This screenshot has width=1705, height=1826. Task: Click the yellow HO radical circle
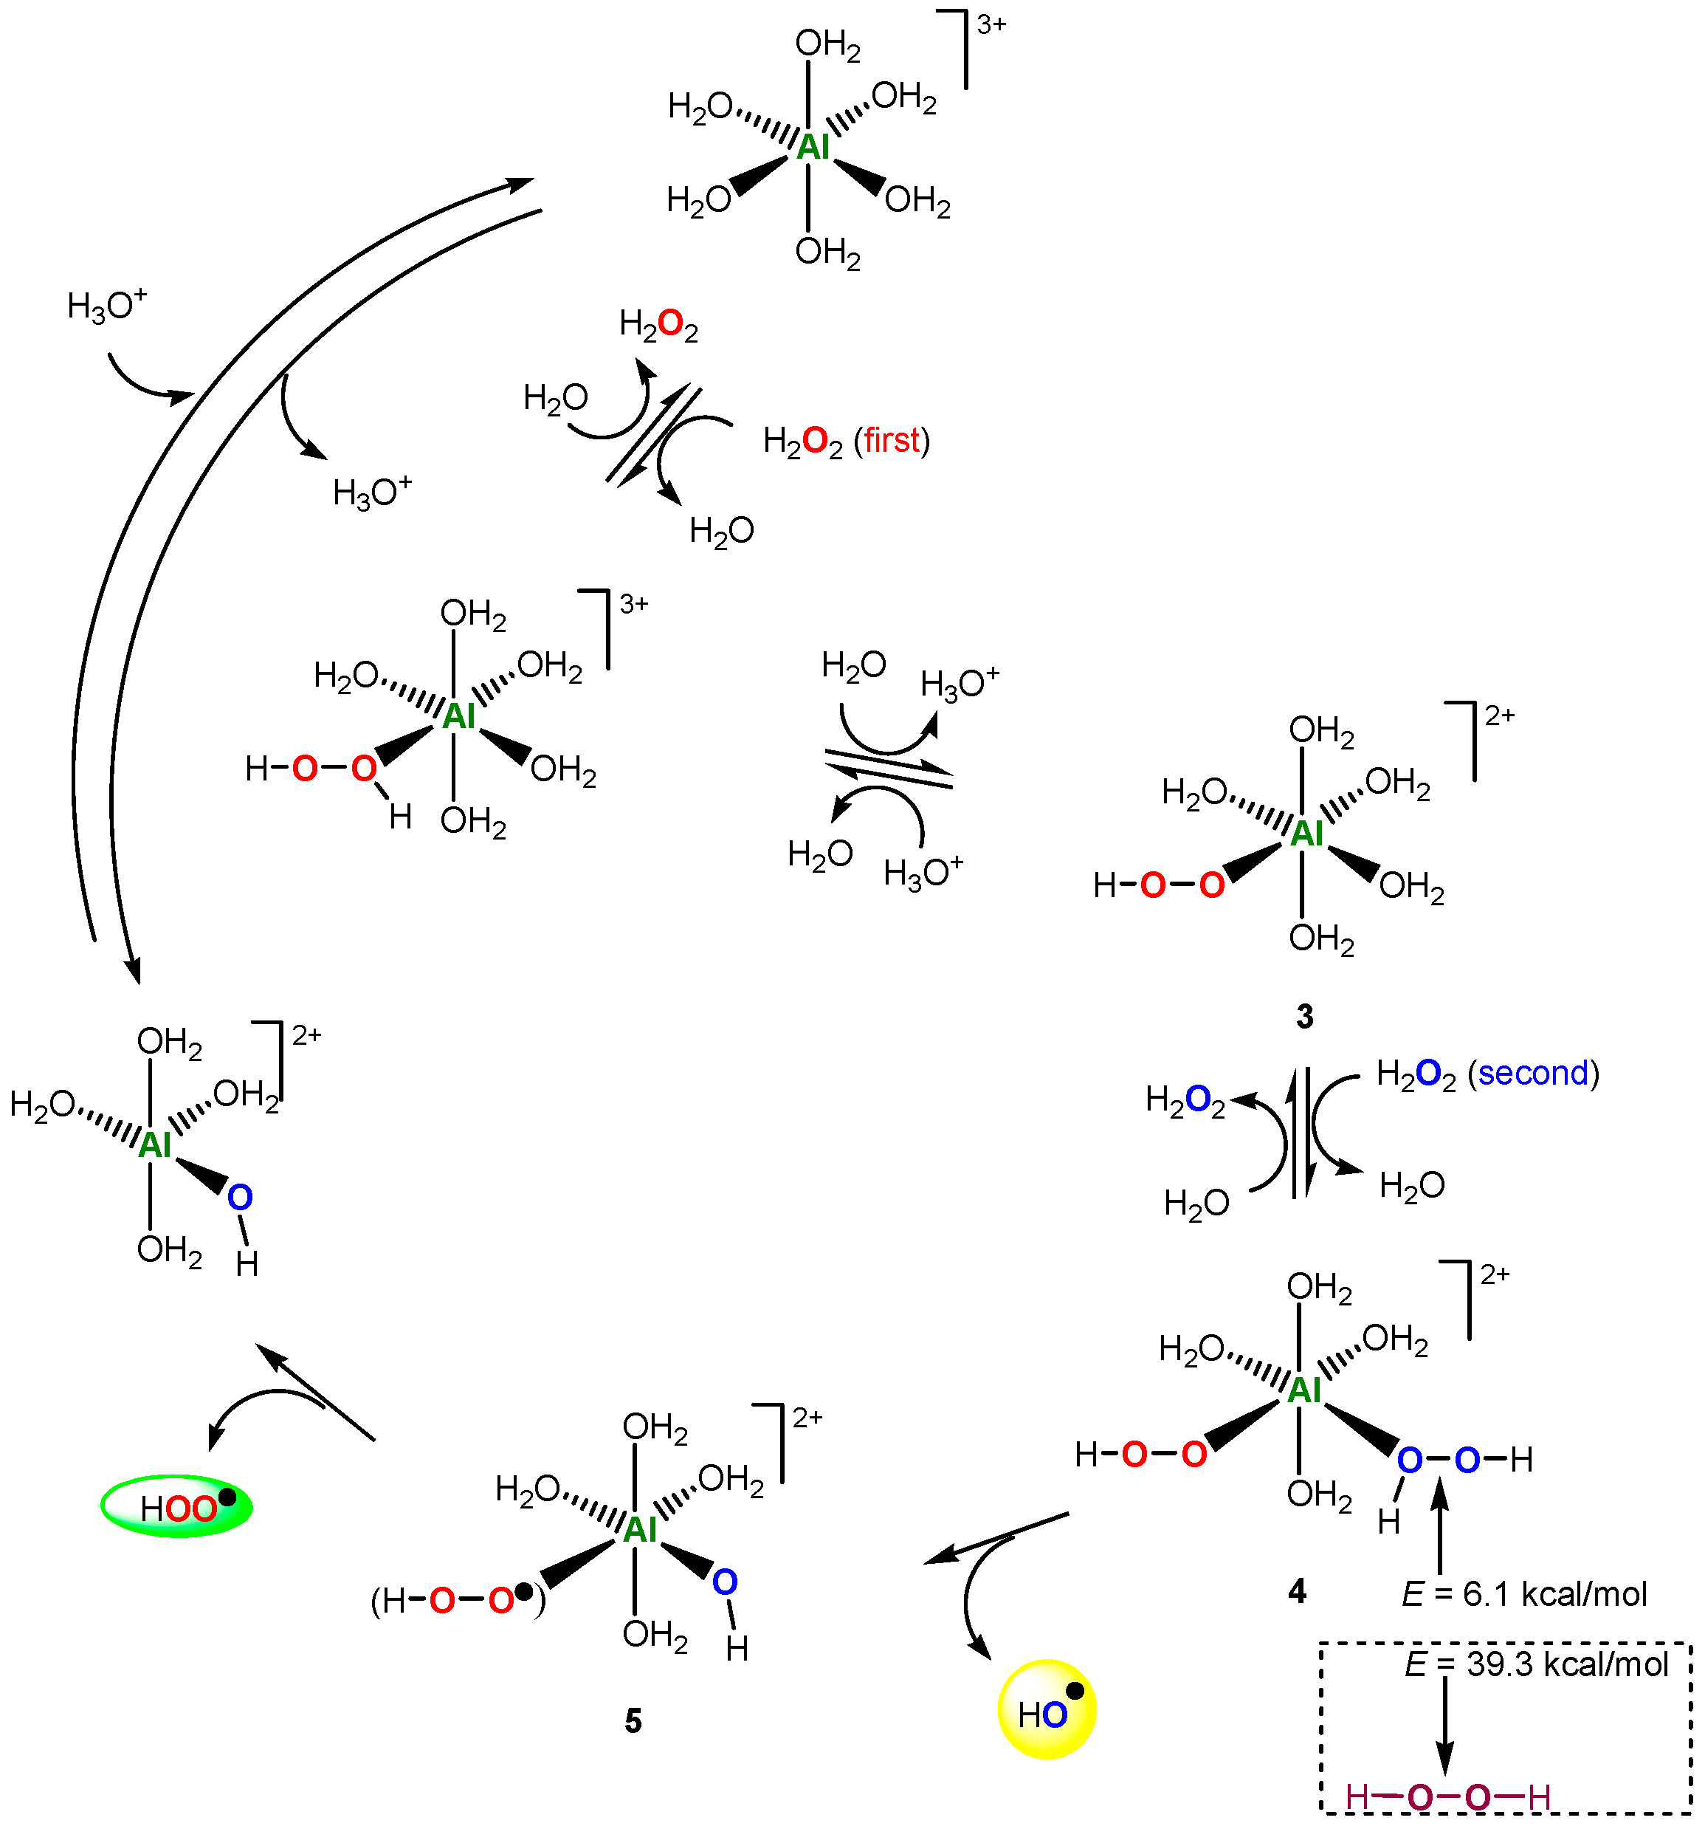(x=1046, y=1709)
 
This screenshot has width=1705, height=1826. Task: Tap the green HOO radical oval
(x=176, y=1506)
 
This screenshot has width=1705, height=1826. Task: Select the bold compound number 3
(x=1303, y=1016)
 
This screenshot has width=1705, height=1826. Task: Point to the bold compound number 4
(x=1296, y=1590)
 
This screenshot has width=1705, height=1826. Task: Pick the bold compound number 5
(x=633, y=1720)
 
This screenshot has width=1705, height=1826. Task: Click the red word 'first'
(x=891, y=441)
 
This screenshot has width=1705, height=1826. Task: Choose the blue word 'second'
(x=1532, y=1073)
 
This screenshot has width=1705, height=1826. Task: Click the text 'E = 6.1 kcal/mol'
(x=1524, y=1593)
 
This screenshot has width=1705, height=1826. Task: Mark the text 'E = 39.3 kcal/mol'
(x=1536, y=1664)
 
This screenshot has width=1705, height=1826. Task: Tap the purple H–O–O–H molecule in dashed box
(x=1448, y=1796)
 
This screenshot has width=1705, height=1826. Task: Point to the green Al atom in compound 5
(x=640, y=1529)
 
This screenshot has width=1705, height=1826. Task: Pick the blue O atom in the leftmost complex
(x=240, y=1197)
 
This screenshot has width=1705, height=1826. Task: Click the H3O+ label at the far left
(x=106, y=305)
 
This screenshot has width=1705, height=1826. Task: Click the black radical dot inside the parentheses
(x=523, y=1591)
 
